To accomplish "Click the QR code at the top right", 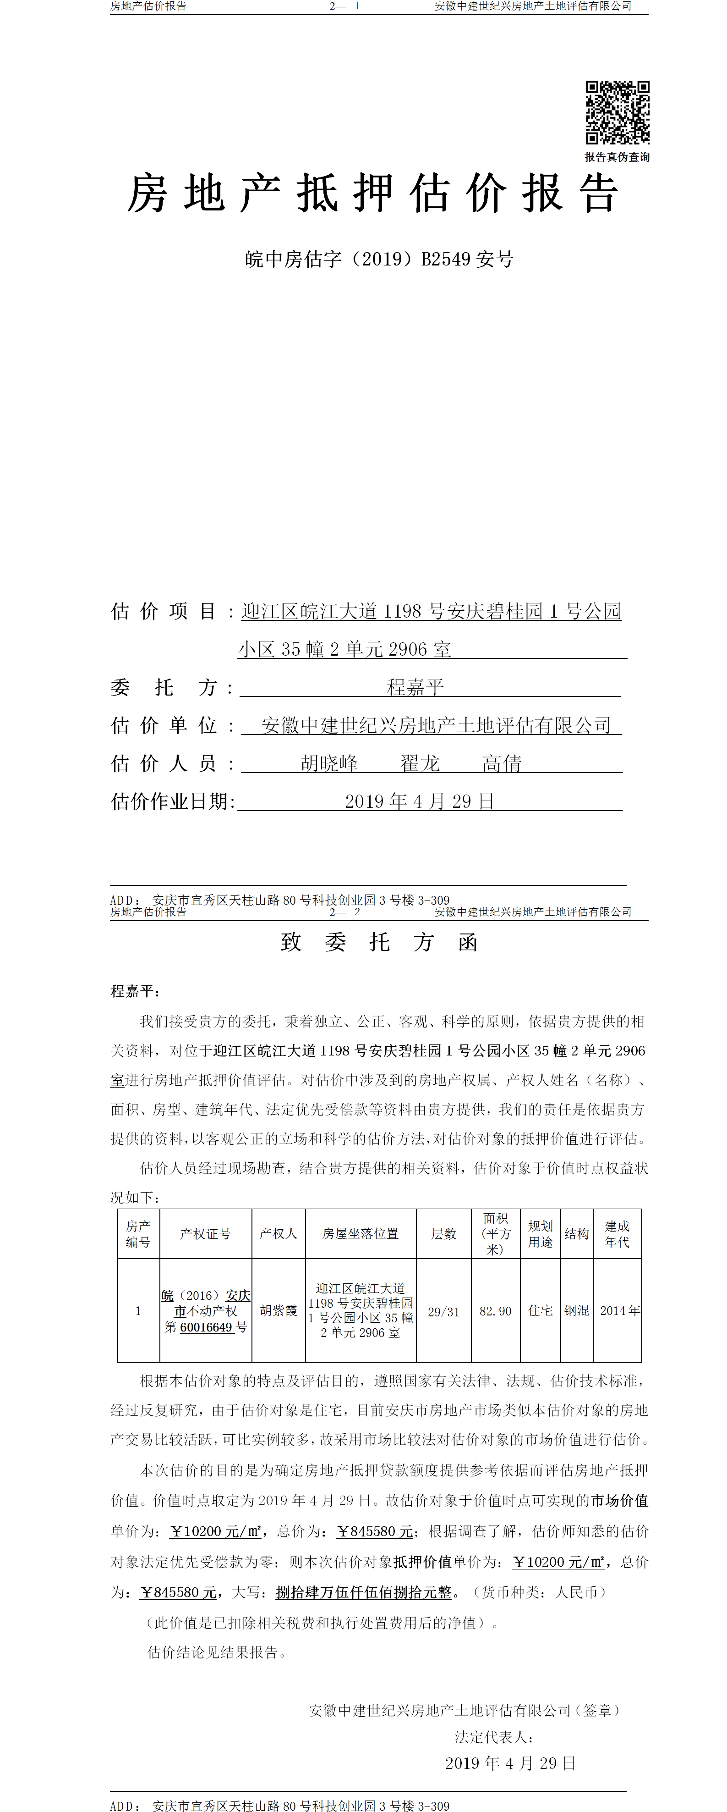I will tap(618, 112).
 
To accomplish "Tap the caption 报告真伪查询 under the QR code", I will tap(618, 157).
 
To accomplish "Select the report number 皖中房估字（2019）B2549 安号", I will tap(379, 260).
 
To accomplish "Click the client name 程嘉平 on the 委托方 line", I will tap(415, 686).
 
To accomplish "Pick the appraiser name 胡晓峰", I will tap(329, 763).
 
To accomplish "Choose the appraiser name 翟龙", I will tap(420, 763).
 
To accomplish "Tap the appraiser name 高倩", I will tap(502, 763).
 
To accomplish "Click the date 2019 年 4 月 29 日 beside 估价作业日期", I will tap(420, 801).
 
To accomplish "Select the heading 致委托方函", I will tap(379, 942).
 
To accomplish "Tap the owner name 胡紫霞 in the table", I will tap(279, 1310).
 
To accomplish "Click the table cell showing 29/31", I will tap(443, 1312).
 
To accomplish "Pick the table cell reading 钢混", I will tap(577, 1310).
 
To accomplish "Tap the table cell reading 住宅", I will tap(541, 1310).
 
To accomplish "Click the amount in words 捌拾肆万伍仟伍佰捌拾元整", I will tap(364, 1592).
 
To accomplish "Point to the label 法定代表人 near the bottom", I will tap(493, 1737).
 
